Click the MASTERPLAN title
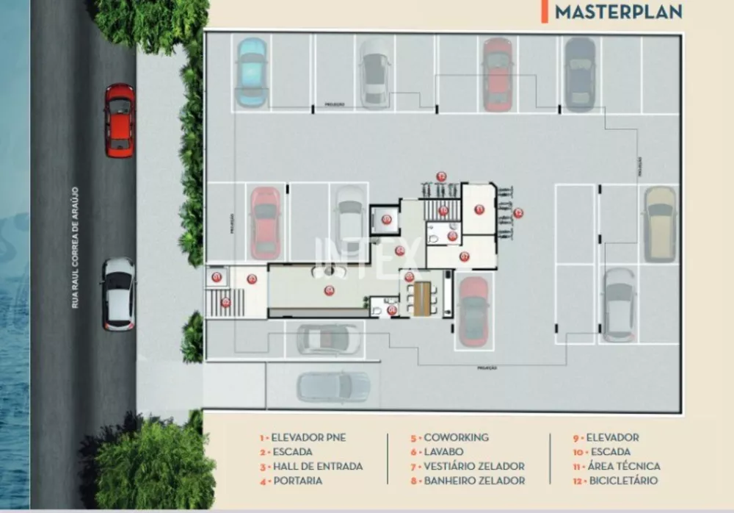[619, 12]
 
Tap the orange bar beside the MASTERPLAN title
[544, 11]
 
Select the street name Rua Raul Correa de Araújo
[75, 247]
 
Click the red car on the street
[120, 120]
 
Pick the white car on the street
[119, 293]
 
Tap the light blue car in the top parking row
[251, 72]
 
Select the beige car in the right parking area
[660, 223]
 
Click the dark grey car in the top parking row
[580, 73]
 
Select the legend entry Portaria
[297, 481]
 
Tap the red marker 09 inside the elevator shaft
[386, 218]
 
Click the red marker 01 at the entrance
[217, 277]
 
